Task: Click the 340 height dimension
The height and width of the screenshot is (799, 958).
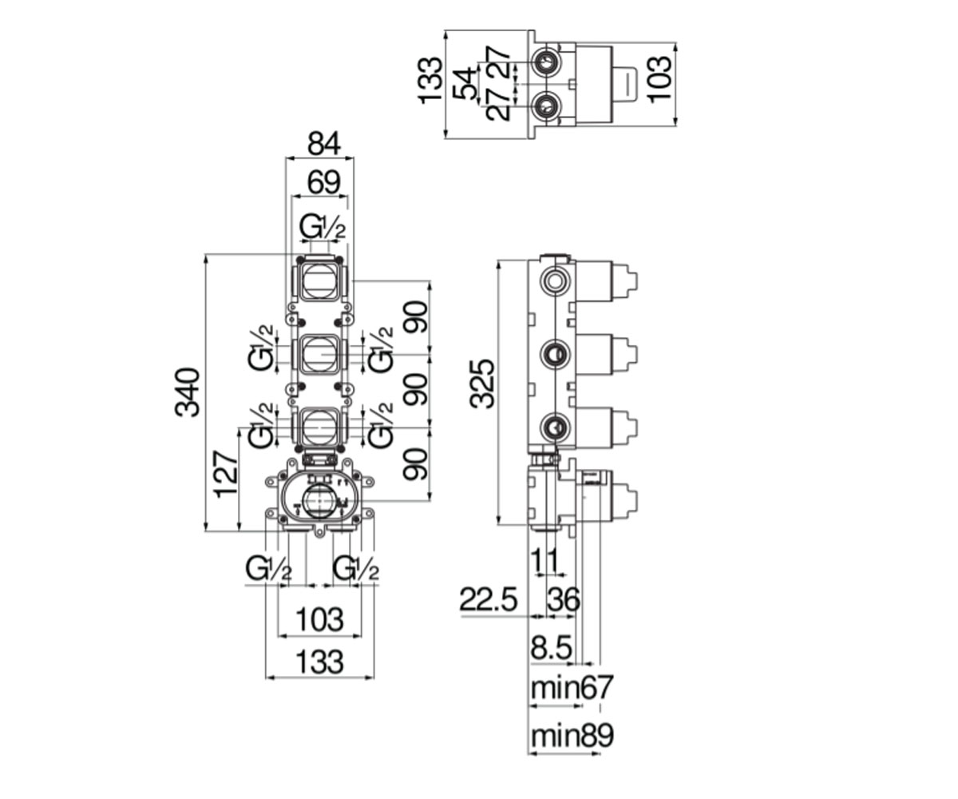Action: [187, 392]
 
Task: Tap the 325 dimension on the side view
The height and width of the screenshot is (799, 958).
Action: [482, 384]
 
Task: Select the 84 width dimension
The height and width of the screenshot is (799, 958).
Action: [324, 143]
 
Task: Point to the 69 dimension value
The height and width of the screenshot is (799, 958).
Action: [324, 182]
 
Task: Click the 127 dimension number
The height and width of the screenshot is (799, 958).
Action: [227, 475]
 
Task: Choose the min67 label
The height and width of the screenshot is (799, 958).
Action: [572, 687]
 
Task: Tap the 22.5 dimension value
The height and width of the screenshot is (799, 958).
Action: [488, 599]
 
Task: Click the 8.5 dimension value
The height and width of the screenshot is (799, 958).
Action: [552, 648]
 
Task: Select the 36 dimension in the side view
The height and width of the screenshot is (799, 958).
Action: [564, 599]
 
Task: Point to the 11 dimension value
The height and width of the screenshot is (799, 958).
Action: [545, 561]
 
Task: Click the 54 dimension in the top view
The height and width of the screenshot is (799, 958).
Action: [465, 83]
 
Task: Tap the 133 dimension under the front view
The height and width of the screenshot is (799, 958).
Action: [320, 662]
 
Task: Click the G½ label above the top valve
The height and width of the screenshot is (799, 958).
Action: [322, 227]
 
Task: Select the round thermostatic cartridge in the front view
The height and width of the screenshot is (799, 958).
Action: [318, 501]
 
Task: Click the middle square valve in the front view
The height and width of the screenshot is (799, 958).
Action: [320, 354]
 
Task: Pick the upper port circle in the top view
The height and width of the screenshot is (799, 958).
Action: [546, 61]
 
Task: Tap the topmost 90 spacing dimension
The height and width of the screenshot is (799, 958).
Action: [416, 317]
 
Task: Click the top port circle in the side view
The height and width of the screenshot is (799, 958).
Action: [556, 280]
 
